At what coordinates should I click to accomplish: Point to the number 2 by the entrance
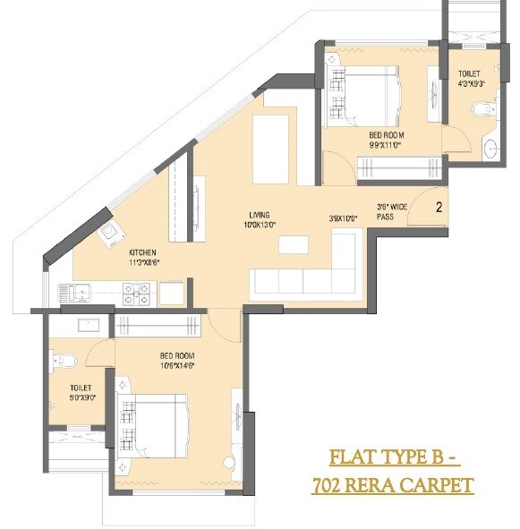[x=439, y=207]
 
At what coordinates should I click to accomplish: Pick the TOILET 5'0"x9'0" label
[x=81, y=392]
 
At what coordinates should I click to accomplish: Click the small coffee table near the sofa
[x=291, y=244]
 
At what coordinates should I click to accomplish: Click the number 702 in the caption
[x=329, y=486]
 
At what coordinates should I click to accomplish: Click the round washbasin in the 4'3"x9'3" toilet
[x=490, y=149]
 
